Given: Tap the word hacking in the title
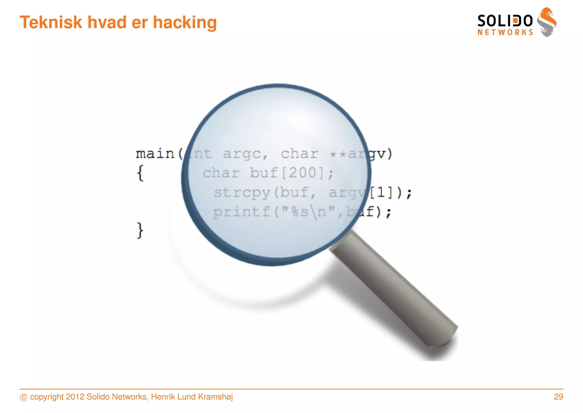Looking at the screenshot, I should coord(185,23).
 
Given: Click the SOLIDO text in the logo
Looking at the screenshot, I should coord(505,21).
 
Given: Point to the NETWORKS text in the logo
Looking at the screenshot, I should coord(505,33).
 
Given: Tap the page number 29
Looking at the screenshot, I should coord(558,397).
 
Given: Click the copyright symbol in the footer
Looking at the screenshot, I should coord(24,397).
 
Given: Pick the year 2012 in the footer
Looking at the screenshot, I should coord(75,397).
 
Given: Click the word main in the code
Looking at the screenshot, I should coord(155,154).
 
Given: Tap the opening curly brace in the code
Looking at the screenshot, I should coord(140,173).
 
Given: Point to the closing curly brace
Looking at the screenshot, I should coord(140,230).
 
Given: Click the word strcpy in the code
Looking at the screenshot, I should coord(242,193).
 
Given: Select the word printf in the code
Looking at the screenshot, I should coord(241,212).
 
